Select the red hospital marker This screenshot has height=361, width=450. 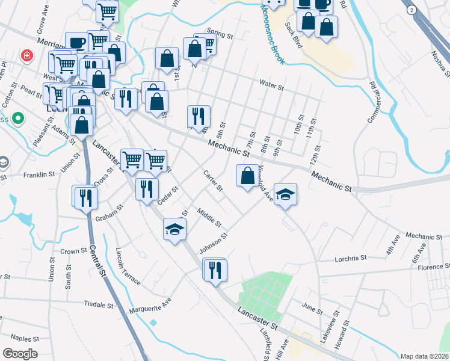(26, 56)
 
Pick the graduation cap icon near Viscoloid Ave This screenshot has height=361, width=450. (286, 195)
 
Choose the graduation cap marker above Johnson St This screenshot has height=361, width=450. (174, 230)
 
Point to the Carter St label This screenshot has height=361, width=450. (213, 181)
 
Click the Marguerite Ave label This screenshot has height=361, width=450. (150, 306)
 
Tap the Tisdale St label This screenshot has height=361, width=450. (99, 304)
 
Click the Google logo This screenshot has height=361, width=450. (20, 353)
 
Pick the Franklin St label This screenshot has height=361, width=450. (39, 174)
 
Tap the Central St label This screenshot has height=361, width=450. (98, 256)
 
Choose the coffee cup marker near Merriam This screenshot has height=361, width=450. (76, 43)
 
